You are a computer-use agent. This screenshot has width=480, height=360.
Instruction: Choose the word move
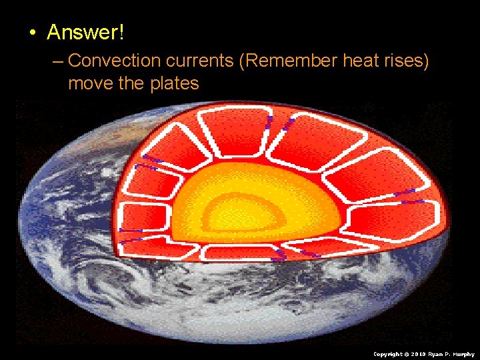point(89,83)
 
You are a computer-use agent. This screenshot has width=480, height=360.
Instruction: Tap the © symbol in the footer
point(407,354)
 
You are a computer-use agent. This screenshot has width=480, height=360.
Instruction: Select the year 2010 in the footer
point(419,354)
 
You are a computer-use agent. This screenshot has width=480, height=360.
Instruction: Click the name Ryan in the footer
point(436,354)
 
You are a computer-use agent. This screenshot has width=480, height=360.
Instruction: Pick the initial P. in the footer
point(449,354)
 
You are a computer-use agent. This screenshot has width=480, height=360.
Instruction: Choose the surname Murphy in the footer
point(464,354)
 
